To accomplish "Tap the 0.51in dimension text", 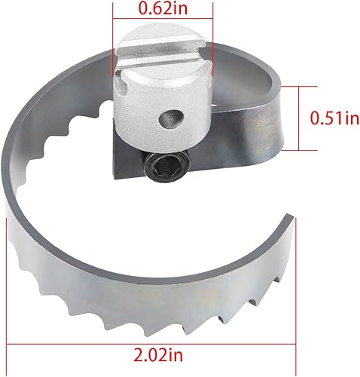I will (x=332, y=118).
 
